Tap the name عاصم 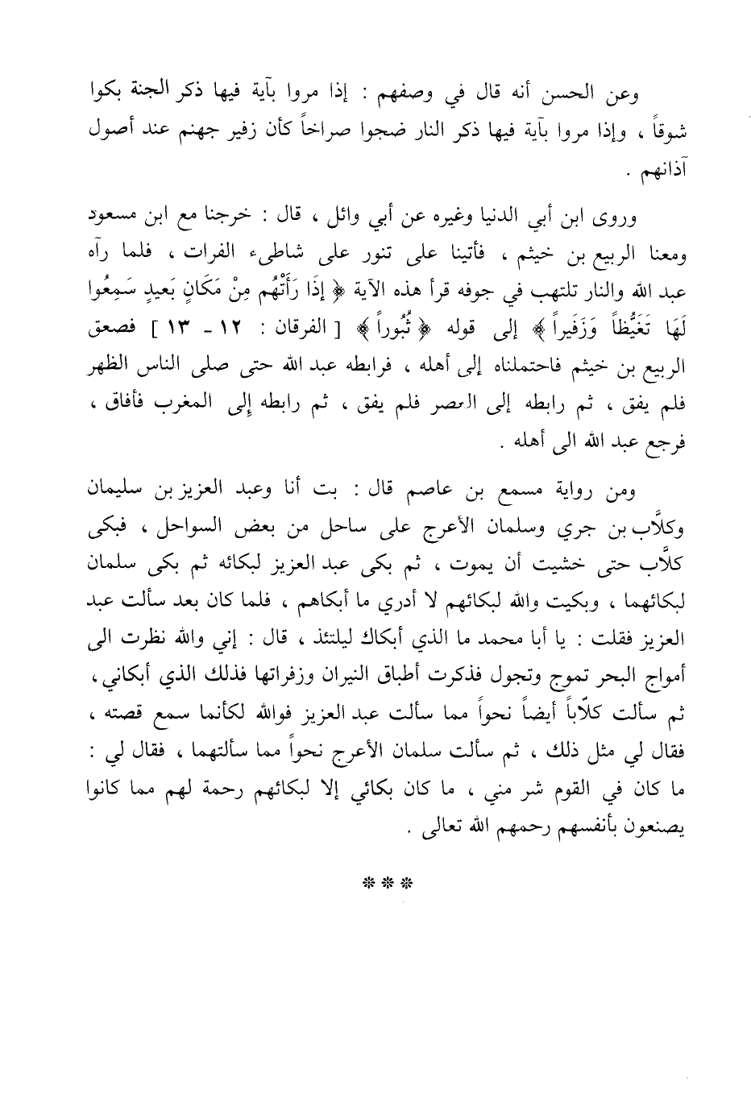[x=419, y=487]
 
